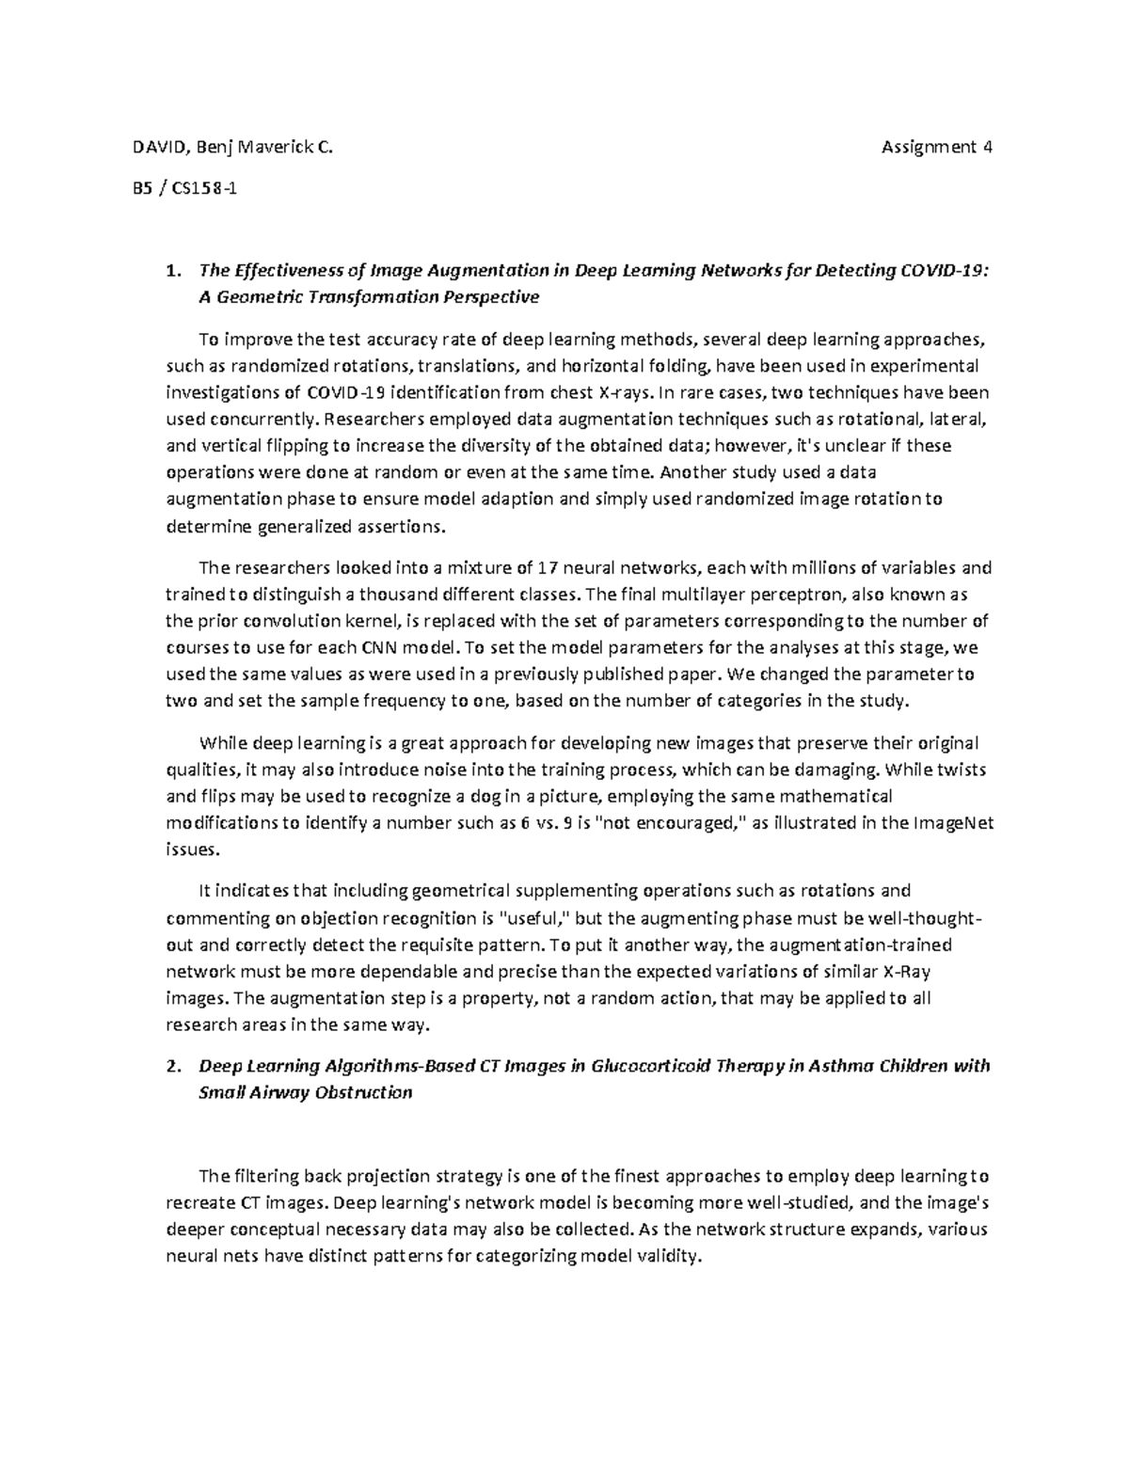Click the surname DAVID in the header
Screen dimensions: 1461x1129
pyautogui.click(x=151, y=148)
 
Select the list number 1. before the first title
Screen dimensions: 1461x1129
pyautogui.click(x=172, y=271)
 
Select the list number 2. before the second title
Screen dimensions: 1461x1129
pyautogui.click(x=172, y=1067)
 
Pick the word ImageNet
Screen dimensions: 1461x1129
pyautogui.click(x=954, y=823)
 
